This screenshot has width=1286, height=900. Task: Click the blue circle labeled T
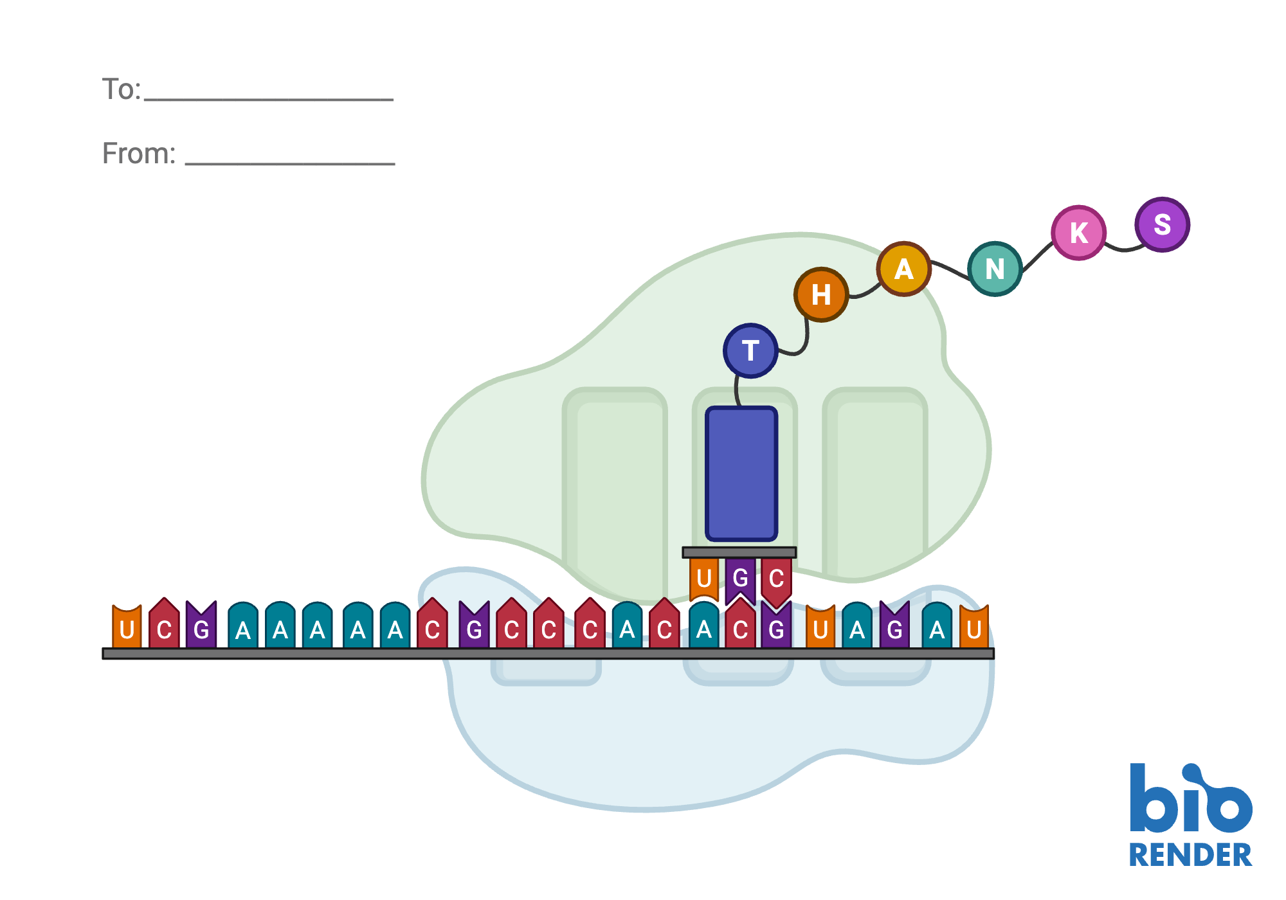[x=750, y=351]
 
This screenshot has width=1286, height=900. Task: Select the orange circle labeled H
[x=821, y=294]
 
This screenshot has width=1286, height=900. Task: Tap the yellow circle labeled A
[x=903, y=269]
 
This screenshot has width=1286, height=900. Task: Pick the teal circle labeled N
[x=995, y=269]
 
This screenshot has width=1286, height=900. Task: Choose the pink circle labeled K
[x=1078, y=233]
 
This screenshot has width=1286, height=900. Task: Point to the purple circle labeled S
[x=1162, y=224]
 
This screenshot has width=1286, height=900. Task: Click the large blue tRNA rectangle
[x=741, y=474]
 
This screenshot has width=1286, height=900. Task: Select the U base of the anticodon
[x=704, y=578]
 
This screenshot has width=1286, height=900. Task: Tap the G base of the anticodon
[x=741, y=578]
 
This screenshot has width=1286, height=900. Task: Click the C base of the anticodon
[x=776, y=578]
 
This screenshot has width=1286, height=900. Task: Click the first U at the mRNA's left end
[x=127, y=629]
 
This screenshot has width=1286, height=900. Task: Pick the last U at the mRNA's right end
[x=974, y=629]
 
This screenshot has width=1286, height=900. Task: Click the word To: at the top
[x=121, y=89]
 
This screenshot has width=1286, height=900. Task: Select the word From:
[x=138, y=154]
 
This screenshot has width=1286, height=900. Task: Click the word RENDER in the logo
[x=1190, y=856]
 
